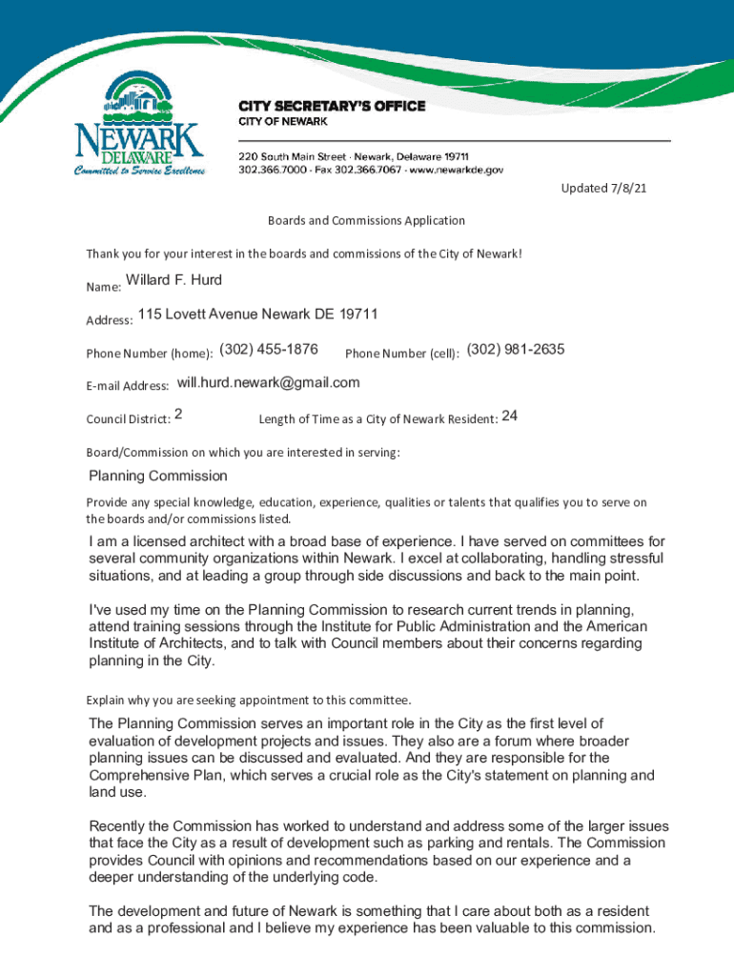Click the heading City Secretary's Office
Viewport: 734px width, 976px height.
coord(331,106)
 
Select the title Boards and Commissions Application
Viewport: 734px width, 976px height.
coord(366,220)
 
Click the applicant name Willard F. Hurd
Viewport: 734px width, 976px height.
coord(173,280)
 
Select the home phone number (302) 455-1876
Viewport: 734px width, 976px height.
coord(269,349)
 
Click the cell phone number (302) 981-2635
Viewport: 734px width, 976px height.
coord(516,350)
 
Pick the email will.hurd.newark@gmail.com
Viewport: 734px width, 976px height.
coord(269,383)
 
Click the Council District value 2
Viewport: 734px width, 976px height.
coord(179,416)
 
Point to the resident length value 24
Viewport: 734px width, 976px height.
coord(509,417)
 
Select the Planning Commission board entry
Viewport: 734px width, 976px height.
coord(158,476)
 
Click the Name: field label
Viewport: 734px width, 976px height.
coord(103,286)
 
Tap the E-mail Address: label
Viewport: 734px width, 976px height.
coord(128,386)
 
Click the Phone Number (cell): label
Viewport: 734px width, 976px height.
coord(402,354)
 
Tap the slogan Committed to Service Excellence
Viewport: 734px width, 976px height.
coord(139,171)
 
